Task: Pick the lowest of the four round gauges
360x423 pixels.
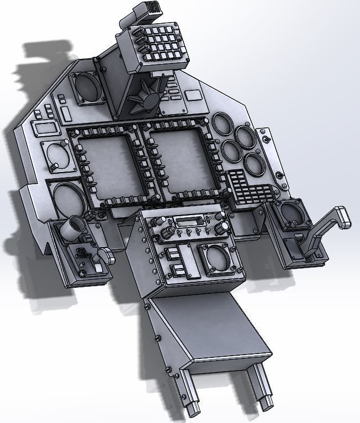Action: coord(254,164)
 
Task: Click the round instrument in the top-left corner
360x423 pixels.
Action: coord(86,87)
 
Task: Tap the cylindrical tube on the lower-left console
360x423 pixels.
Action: coord(75,227)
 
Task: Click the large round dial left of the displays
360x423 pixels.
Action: coord(69,197)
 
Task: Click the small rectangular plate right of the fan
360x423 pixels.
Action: coord(193,95)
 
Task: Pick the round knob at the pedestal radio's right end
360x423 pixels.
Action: coord(223,228)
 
